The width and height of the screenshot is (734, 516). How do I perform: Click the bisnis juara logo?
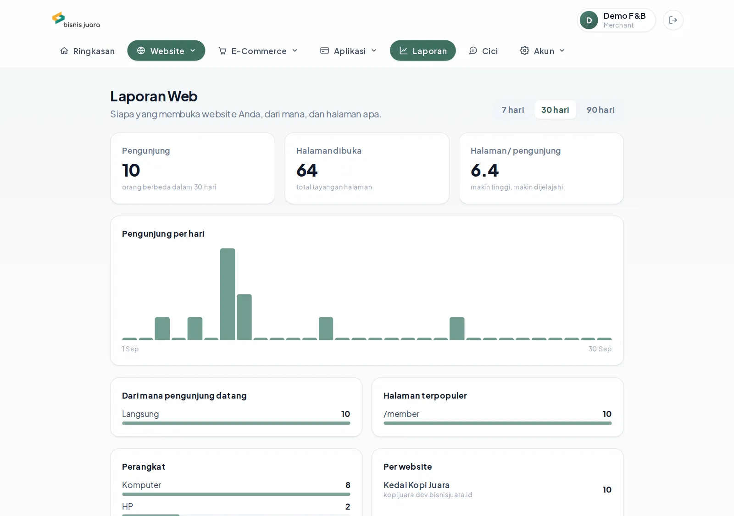(76, 20)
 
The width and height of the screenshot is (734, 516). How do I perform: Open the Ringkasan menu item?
(88, 51)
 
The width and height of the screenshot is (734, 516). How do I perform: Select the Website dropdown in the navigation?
(166, 51)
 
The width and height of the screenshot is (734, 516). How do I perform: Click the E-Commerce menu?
(258, 51)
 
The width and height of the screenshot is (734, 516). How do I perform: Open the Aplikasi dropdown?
(349, 51)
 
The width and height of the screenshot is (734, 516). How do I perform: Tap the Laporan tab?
(423, 51)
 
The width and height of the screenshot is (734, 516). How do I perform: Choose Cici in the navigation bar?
(484, 51)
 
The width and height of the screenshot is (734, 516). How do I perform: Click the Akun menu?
(543, 51)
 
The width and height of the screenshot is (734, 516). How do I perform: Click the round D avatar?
(589, 20)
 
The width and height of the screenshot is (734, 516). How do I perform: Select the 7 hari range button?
(513, 110)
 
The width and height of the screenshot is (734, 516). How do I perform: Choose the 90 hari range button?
(601, 110)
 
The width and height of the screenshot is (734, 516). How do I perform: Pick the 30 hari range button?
(555, 110)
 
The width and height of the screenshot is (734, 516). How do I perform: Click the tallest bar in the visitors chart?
(228, 294)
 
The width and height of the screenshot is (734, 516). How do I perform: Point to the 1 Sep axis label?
(130, 349)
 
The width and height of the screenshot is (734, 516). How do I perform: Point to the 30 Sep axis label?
(600, 349)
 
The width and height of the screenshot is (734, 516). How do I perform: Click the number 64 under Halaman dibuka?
(307, 170)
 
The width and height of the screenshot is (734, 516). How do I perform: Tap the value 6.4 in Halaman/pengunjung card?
(484, 170)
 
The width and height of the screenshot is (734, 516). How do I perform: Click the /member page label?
(401, 414)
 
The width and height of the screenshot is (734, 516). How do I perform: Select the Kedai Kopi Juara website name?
(417, 485)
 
